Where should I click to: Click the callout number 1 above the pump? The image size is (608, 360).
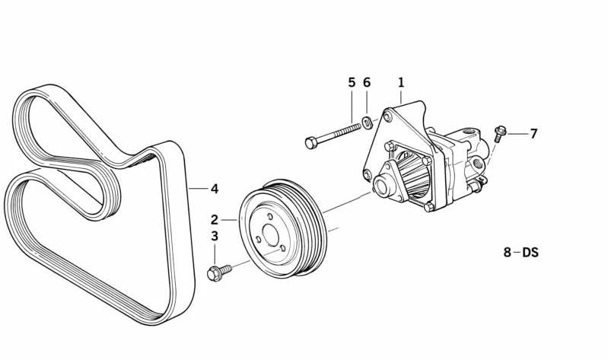pyautogui.click(x=401, y=83)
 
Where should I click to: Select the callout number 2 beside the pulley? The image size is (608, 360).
pyautogui.click(x=215, y=220)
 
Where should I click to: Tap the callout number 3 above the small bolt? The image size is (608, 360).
pyautogui.click(x=215, y=236)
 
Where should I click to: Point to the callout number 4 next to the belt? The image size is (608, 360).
pyautogui.click(x=215, y=189)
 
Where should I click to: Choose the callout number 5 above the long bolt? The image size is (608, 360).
pyautogui.click(x=352, y=83)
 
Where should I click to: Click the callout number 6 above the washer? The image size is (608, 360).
pyautogui.click(x=367, y=83)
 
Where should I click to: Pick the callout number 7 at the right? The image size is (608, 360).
pyautogui.click(x=534, y=134)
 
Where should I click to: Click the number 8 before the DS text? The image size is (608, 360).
pyautogui.click(x=508, y=252)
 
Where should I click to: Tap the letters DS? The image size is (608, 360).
pyautogui.click(x=530, y=252)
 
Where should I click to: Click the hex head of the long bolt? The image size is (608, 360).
pyautogui.click(x=310, y=143)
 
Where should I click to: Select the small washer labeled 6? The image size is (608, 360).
pyautogui.click(x=368, y=123)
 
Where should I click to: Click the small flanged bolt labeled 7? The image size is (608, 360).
pyautogui.click(x=499, y=133)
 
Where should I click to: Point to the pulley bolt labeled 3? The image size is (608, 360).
pyautogui.click(x=218, y=272)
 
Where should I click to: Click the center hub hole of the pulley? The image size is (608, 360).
pyautogui.click(x=271, y=234)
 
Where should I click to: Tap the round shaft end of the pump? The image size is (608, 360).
pyautogui.click(x=382, y=185)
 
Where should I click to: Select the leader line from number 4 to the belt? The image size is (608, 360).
pyautogui.click(x=198, y=189)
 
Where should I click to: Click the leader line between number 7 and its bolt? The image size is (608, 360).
pyautogui.click(x=517, y=134)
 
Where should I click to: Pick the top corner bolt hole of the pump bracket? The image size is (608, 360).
pyautogui.click(x=387, y=116)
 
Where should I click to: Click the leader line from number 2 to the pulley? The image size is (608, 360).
pyautogui.click(x=229, y=220)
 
